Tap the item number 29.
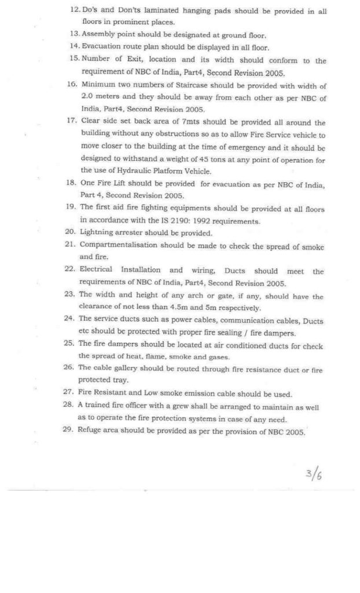pos(72,433)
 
